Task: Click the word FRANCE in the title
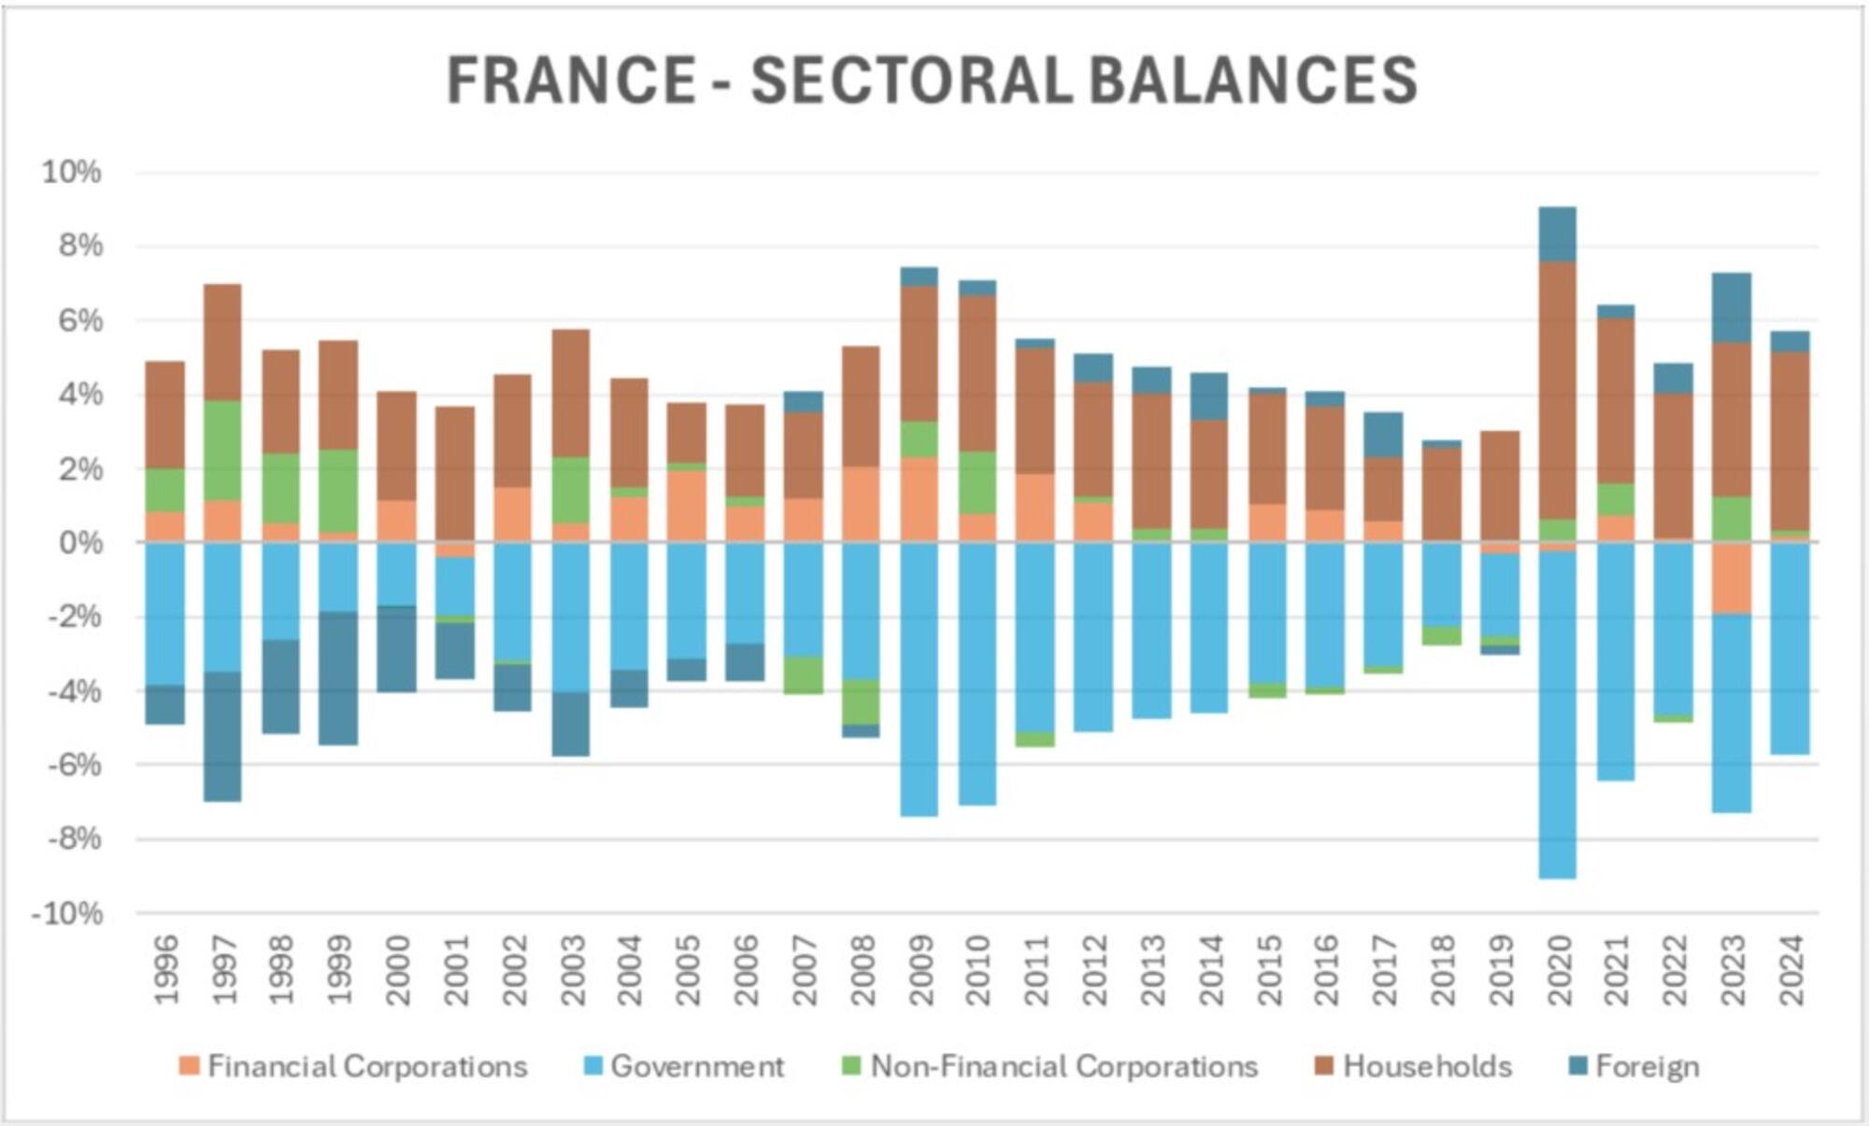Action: click(571, 79)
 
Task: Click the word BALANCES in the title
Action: click(1253, 79)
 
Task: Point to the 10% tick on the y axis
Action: click(71, 172)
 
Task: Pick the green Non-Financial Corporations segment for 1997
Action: click(223, 450)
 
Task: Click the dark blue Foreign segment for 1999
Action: click(339, 678)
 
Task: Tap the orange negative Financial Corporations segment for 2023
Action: click(1732, 578)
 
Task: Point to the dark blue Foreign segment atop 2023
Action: click(1732, 307)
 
